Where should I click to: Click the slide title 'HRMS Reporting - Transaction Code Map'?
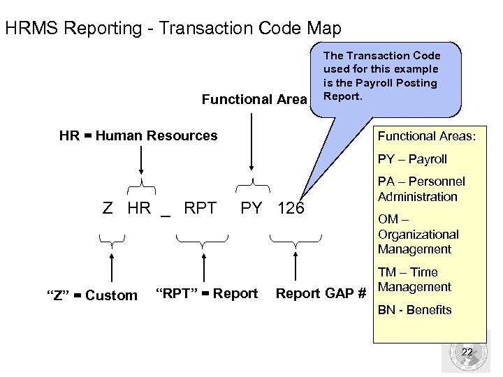(x=173, y=29)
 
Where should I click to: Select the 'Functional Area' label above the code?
(x=254, y=100)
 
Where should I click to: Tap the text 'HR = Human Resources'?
(x=138, y=135)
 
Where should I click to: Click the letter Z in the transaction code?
(x=108, y=208)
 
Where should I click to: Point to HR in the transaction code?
(x=139, y=208)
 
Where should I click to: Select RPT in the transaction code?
(x=200, y=207)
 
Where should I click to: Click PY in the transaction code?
(x=251, y=208)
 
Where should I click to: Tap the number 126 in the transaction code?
(x=291, y=208)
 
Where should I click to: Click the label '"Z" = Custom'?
(x=92, y=295)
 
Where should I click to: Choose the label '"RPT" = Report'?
(x=206, y=293)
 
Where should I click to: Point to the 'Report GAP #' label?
(x=321, y=294)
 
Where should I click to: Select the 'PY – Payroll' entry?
(x=412, y=159)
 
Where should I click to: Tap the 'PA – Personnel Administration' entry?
(x=421, y=189)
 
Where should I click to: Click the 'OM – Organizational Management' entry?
(x=418, y=235)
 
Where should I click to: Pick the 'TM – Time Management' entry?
(x=415, y=279)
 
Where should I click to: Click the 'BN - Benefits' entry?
(x=415, y=310)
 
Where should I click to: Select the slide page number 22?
(x=467, y=353)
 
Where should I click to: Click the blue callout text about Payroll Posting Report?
(x=381, y=75)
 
